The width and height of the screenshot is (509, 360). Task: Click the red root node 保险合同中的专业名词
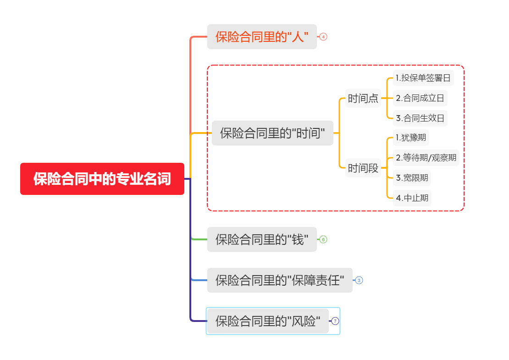click(102, 179)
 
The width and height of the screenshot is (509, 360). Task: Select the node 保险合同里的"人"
click(262, 37)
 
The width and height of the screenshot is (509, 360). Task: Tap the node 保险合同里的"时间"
click(272, 133)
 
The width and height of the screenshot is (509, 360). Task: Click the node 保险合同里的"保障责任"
click(280, 280)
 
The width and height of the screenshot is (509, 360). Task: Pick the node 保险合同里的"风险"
click(268, 321)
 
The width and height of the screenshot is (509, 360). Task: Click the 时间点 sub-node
click(363, 99)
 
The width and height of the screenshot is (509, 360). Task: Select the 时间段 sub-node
click(363, 168)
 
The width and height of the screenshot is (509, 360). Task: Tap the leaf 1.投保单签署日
click(423, 78)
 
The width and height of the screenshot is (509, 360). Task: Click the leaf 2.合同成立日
click(420, 98)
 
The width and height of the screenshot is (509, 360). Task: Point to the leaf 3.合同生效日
click(420, 118)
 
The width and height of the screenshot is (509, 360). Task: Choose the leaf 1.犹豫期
click(411, 138)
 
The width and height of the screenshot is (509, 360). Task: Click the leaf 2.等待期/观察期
click(426, 158)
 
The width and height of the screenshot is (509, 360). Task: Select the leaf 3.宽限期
click(412, 178)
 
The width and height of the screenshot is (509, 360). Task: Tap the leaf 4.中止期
click(412, 198)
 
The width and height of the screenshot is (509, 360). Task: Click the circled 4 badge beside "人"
click(324, 37)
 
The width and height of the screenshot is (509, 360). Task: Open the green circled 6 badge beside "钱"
click(323, 239)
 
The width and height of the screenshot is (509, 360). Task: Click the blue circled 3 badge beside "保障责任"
click(359, 280)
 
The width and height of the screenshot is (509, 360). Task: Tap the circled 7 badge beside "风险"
click(335, 321)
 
